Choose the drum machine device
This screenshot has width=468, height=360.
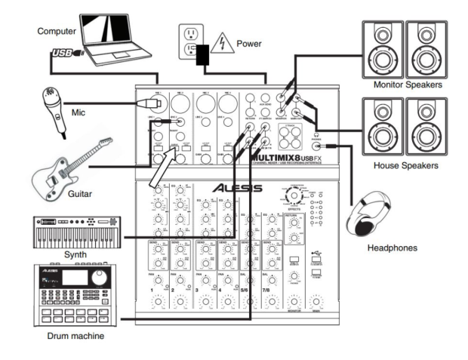[x=74, y=291]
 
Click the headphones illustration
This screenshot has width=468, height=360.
[x=377, y=216]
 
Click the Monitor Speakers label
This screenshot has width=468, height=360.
[x=407, y=85]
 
